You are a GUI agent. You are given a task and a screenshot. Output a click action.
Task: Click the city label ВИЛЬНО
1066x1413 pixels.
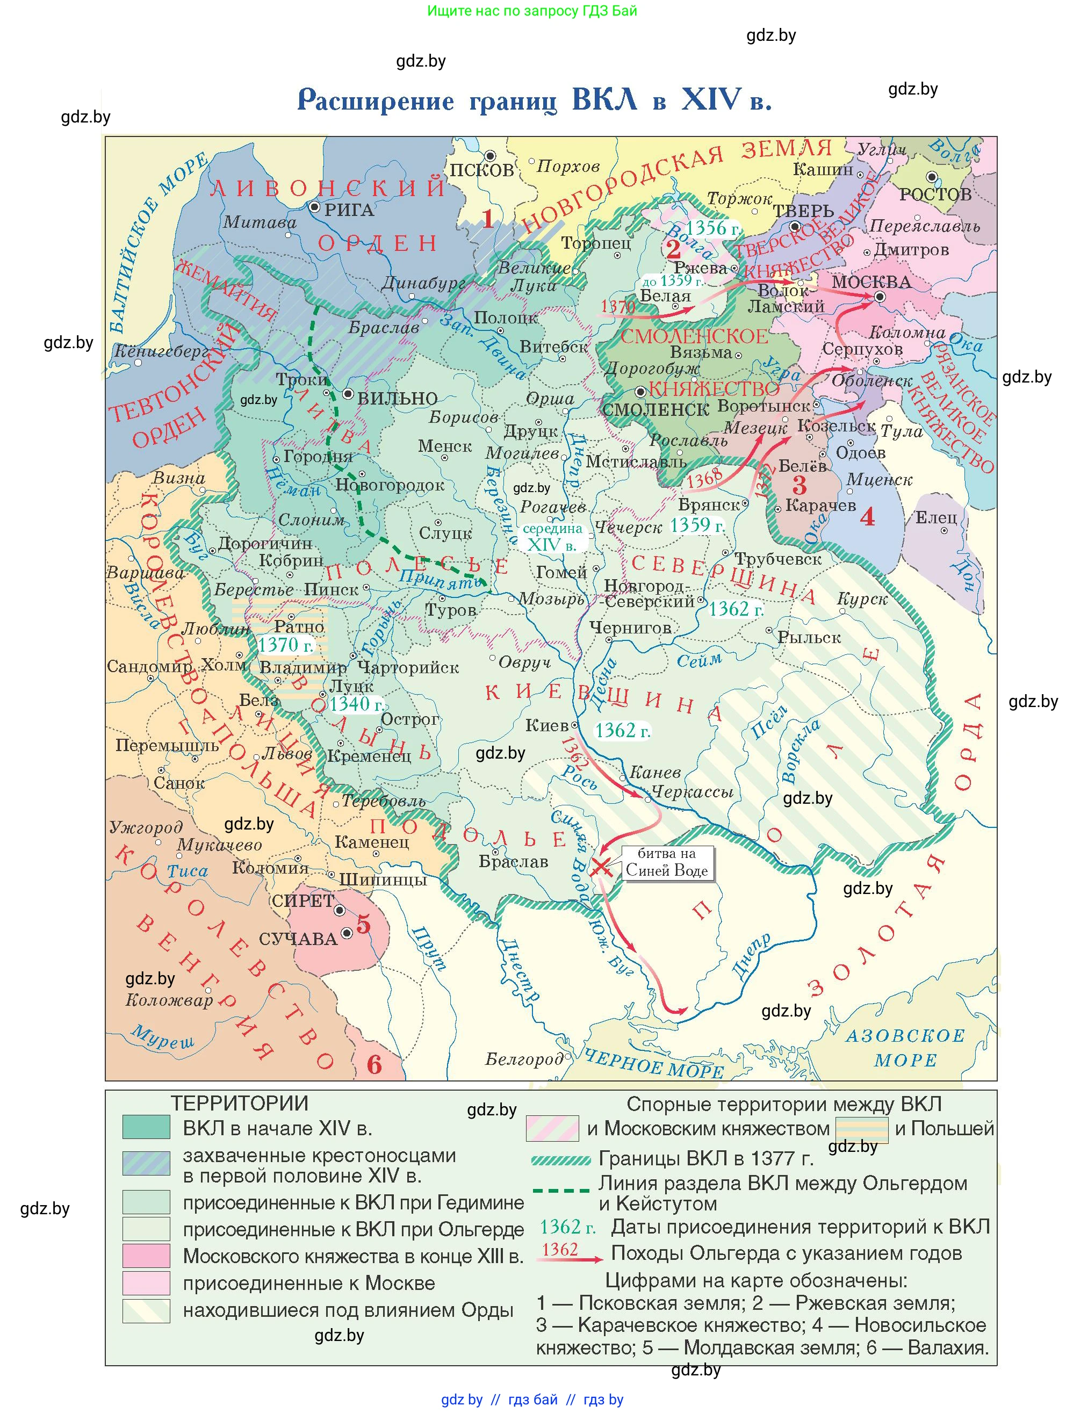[397, 399]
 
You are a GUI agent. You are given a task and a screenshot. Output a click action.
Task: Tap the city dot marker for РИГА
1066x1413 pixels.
[314, 207]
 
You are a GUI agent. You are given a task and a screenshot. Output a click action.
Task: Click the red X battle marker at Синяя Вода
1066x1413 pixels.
[600, 867]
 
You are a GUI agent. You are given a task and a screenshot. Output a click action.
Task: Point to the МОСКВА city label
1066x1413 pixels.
[871, 282]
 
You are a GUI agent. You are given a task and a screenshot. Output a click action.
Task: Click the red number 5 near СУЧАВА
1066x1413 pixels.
[363, 924]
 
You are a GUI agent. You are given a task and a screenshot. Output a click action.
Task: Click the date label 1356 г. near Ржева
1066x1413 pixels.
[712, 228]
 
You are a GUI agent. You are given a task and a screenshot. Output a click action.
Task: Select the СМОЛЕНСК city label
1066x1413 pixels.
[656, 409]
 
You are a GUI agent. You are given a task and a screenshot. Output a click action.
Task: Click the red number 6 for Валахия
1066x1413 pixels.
[374, 1065]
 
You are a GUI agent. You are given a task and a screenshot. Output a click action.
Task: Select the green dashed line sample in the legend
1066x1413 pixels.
[561, 1190]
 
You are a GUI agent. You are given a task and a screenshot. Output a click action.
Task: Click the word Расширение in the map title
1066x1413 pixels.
[376, 100]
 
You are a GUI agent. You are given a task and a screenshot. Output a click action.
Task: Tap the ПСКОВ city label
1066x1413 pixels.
[481, 170]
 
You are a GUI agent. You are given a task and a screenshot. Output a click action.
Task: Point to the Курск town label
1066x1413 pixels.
[862, 599]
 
